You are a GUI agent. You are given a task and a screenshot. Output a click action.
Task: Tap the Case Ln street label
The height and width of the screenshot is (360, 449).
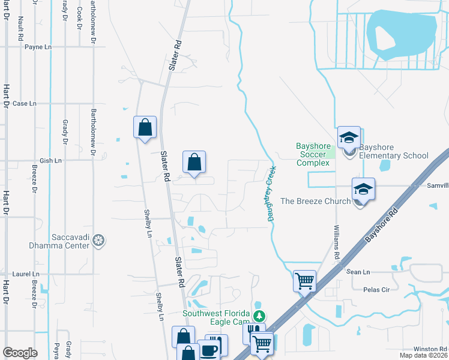click(x=25, y=103)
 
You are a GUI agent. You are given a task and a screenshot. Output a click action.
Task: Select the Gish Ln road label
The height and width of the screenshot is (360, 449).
click(x=50, y=161)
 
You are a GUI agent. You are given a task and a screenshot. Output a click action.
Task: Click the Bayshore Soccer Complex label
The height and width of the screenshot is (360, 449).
click(x=313, y=154)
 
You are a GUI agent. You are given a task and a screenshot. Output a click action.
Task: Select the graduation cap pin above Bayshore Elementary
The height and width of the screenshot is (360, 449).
click(x=349, y=138)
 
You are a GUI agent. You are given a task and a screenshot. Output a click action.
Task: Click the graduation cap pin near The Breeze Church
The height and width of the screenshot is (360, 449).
click(x=363, y=190)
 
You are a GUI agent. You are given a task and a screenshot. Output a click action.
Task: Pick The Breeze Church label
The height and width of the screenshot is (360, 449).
click(x=324, y=201)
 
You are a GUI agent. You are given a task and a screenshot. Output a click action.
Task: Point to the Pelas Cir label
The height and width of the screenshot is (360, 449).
click(x=376, y=289)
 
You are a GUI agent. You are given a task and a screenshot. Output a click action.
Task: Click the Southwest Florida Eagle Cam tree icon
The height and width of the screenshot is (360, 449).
click(x=259, y=316)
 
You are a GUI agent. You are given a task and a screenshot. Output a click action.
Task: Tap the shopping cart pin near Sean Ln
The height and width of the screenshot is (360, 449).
click(x=305, y=280)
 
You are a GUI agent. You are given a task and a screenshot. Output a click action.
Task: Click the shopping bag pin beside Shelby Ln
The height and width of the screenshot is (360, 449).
click(x=145, y=127)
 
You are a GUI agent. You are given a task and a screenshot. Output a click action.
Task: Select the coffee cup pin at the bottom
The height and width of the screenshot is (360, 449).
click(x=209, y=350)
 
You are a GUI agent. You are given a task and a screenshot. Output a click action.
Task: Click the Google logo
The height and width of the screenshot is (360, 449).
click(x=20, y=353)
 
